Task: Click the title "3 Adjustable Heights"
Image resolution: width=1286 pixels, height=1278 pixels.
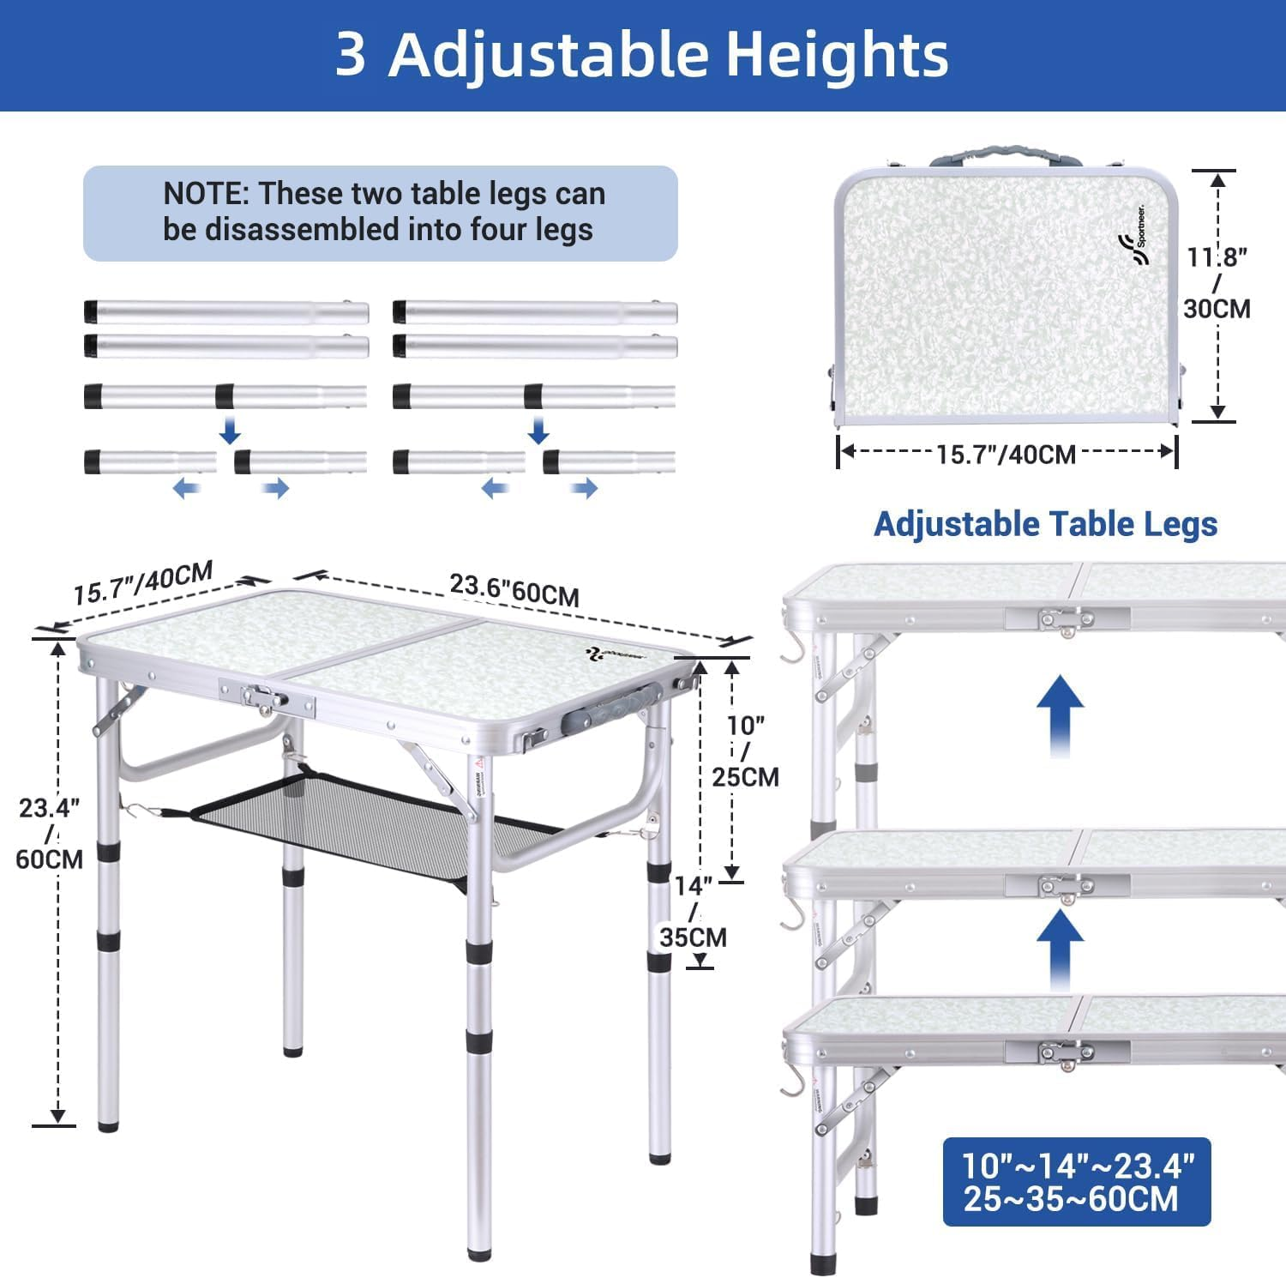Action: [x=641, y=55]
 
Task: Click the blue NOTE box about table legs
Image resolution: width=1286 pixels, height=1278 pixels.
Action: [x=381, y=213]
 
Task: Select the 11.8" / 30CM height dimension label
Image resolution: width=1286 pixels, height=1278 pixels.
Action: [x=1217, y=282]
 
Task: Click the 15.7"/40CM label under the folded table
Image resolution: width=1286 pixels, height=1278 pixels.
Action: [x=1006, y=454]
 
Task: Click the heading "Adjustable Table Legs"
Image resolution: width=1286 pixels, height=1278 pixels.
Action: [x=1045, y=524]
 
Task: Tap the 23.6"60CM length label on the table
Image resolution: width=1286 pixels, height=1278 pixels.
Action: [x=514, y=590]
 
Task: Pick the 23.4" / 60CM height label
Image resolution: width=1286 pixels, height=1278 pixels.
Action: [x=50, y=833]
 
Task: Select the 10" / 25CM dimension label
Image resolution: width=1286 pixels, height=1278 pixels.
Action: [x=745, y=751]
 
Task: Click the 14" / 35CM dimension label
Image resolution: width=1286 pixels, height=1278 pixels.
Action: [x=693, y=911]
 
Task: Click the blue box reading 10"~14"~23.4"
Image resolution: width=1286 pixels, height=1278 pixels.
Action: [x=1077, y=1182]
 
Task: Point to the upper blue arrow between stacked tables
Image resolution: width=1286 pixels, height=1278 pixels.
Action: [x=1060, y=714]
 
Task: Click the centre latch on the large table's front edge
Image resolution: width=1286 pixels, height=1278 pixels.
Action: [x=266, y=698]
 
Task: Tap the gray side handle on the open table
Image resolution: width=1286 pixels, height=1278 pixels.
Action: [x=610, y=710]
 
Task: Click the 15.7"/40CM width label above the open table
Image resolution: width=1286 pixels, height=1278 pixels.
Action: [x=142, y=583]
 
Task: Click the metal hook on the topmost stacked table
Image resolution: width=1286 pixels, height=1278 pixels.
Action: [x=793, y=649]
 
